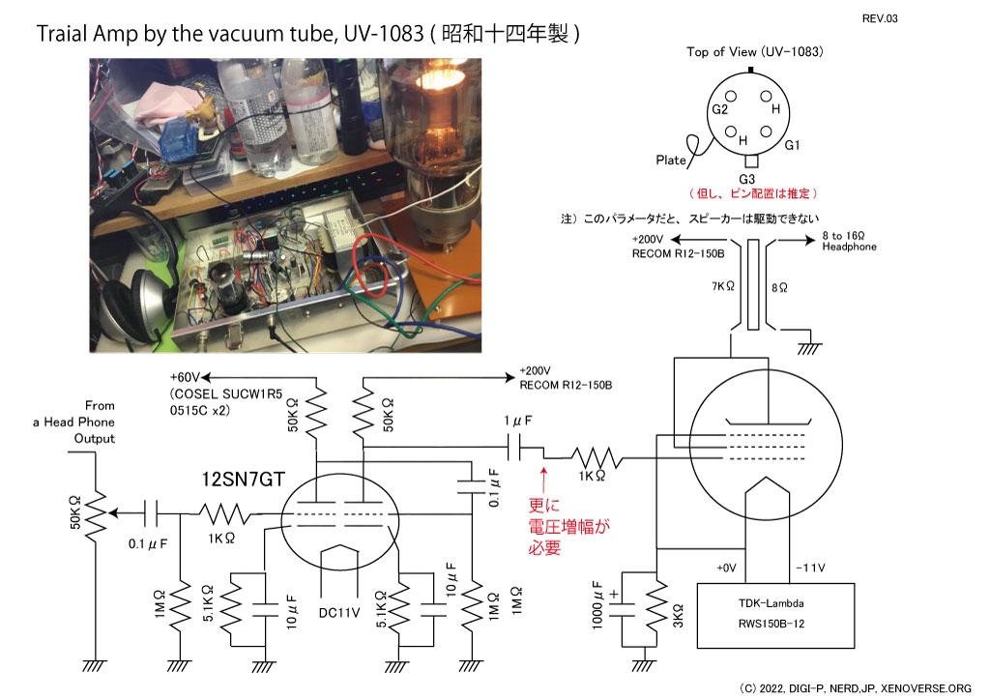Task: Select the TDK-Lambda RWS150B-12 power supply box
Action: click(x=775, y=616)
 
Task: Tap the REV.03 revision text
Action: click(x=880, y=19)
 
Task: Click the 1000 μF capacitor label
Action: click(x=597, y=605)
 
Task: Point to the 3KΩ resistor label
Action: click(x=678, y=616)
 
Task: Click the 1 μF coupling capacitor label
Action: click(x=518, y=421)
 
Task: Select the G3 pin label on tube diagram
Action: click(x=747, y=179)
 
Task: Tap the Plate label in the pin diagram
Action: click(x=671, y=160)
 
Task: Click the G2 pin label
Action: click(x=719, y=110)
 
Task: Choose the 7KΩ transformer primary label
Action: click(x=723, y=286)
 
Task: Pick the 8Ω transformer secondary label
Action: click(x=779, y=288)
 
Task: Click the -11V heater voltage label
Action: click(x=810, y=569)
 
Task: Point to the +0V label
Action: click(x=726, y=569)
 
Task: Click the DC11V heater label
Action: click(x=339, y=613)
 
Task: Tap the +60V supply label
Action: click(x=185, y=377)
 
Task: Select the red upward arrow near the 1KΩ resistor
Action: click(x=543, y=478)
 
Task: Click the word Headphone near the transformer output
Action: click(x=849, y=247)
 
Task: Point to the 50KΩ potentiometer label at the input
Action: click(x=75, y=512)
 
